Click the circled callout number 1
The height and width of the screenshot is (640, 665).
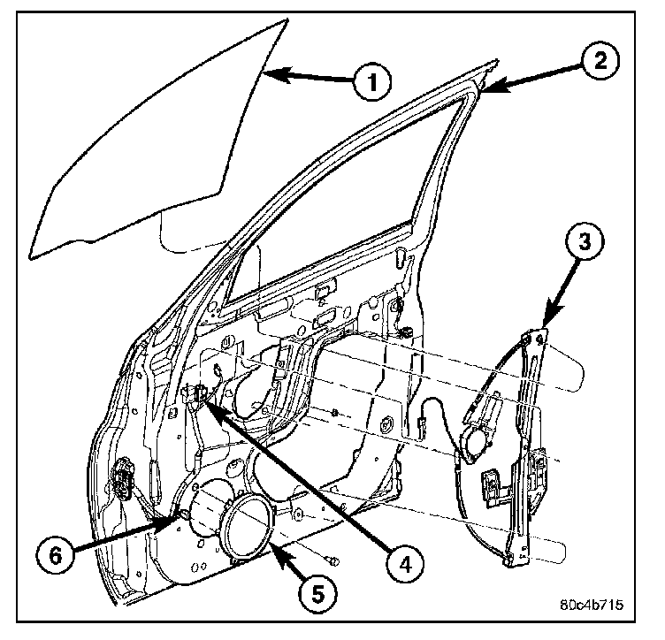click(x=371, y=82)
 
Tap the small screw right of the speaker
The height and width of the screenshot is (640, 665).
click(x=331, y=559)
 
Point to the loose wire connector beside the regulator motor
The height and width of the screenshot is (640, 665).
click(x=424, y=430)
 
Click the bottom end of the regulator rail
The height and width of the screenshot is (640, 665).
click(x=510, y=559)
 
